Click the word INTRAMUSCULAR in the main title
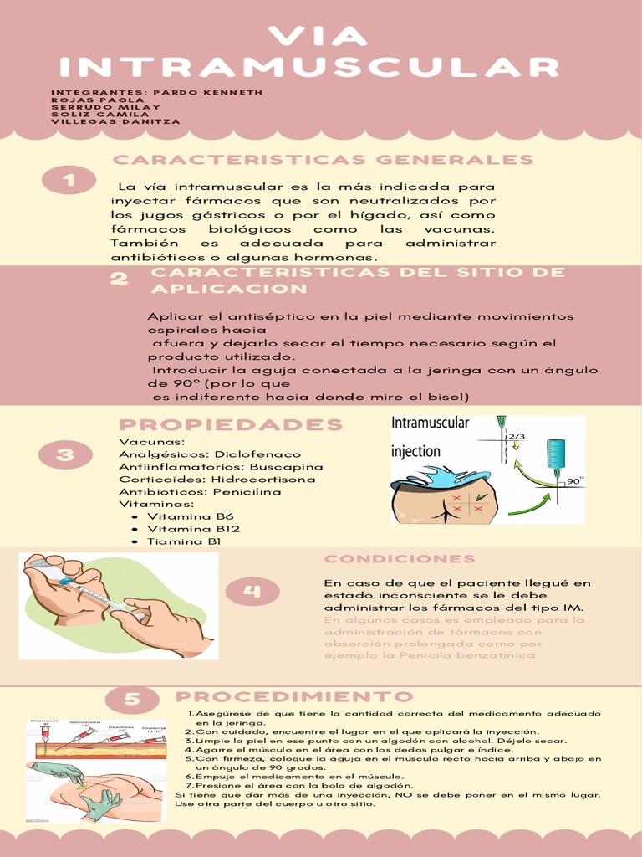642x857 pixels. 309,67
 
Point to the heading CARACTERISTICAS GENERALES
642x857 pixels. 323,160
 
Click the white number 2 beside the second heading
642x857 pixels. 120,279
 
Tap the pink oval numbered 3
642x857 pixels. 66,454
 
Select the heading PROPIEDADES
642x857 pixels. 231,424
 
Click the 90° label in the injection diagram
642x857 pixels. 574,481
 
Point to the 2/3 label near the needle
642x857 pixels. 517,436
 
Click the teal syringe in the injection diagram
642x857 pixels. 556,456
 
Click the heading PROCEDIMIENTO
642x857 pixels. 294,697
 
